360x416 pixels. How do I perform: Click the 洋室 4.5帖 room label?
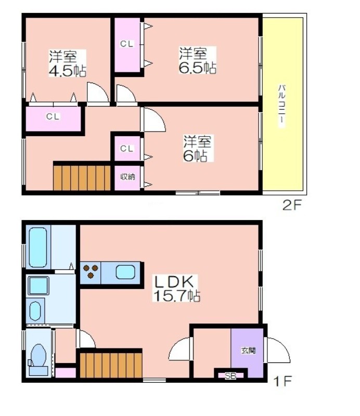pyautogui.click(x=68, y=63)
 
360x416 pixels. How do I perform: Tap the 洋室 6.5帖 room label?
pyautogui.click(x=198, y=60)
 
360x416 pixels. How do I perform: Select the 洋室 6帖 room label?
pyautogui.click(x=197, y=148)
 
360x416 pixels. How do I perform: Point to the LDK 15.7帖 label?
pyautogui.click(x=176, y=289)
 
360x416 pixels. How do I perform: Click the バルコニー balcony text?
pyautogui.click(x=282, y=106)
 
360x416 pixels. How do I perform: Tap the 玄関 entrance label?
pyautogui.click(x=249, y=350)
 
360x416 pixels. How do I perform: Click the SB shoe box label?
pyautogui.click(x=230, y=375)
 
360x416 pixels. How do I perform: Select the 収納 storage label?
pyautogui.click(x=127, y=176)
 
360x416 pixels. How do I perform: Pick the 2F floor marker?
pyautogui.click(x=292, y=205)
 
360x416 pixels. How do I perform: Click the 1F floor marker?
pyautogui.click(x=282, y=381)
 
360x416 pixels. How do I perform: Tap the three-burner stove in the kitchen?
pyautogui.click(x=91, y=271)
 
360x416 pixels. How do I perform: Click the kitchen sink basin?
pyautogui.click(x=125, y=272)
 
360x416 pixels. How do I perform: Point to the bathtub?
pyautogui.click(x=38, y=248)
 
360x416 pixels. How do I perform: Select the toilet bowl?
pyautogui.click(x=39, y=355)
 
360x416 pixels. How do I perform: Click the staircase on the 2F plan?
pyautogui.click(x=82, y=178)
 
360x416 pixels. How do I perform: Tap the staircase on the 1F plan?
pyautogui.click(x=111, y=365)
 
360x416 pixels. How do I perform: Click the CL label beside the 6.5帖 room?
pyautogui.click(x=126, y=44)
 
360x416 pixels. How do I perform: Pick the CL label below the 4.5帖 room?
pyautogui.click(x=53, y=116)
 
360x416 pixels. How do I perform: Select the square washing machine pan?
pyautogui.click(x=38, y=285)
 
